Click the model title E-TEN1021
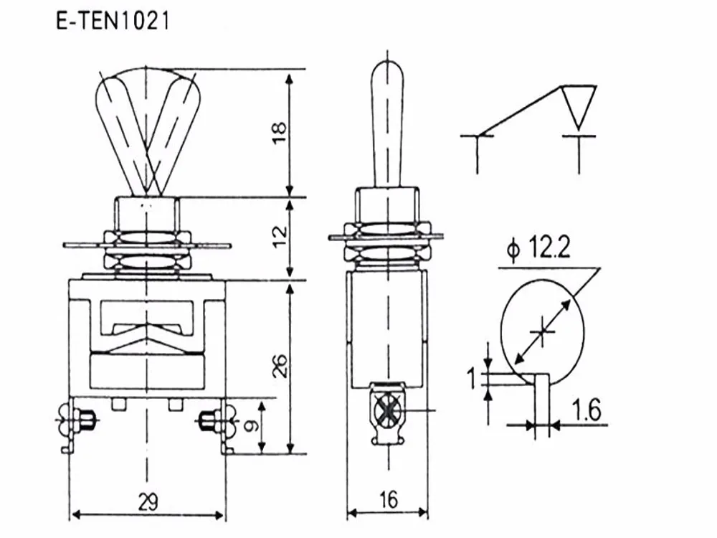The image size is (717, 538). pos(113,21)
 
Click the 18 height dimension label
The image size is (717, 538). pos(280,133)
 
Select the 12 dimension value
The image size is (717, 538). pos(280,235)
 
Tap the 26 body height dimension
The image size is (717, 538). pos(280,366)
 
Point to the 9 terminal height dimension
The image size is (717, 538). pos(251,426)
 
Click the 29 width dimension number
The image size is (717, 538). pos(148,502)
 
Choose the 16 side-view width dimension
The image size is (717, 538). pos(388,500)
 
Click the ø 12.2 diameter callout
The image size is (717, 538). pos(538,248)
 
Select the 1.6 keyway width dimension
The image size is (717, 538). pos(587,410)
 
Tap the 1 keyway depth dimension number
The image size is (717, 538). pos(472,379)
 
